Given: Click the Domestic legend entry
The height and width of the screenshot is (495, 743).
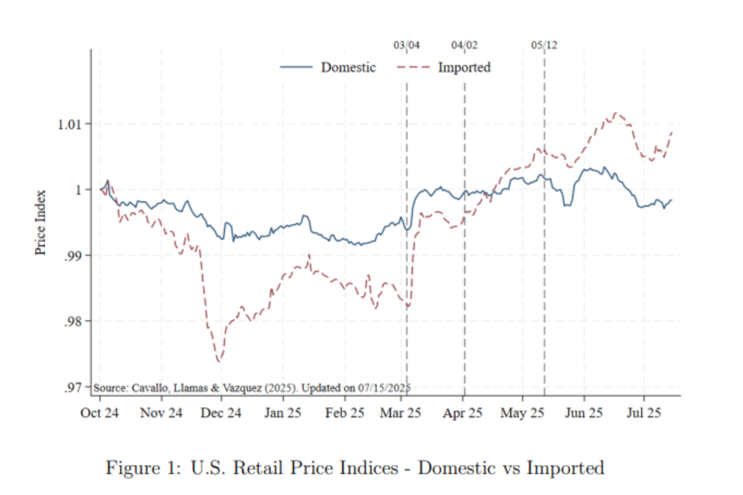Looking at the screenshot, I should (x=348, y=67).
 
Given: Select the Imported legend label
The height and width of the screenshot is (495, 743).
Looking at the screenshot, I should (x=464, y=67).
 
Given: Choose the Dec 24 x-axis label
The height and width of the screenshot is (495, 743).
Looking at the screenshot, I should (x=221, y=413).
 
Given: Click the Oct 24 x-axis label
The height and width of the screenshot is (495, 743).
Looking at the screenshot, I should (x=99, y=413).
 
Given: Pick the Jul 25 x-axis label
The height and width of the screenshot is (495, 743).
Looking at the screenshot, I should (x=643, y=413).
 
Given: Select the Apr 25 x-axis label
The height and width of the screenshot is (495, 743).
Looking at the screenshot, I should (x=462, y=413).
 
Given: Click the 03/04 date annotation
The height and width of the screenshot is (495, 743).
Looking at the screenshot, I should (x=406, y=45).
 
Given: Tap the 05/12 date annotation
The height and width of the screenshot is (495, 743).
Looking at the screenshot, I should (x=544, y=45).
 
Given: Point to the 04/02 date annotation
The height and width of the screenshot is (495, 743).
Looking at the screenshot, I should (x=464, y=45).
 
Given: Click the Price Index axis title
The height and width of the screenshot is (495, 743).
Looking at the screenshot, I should (x=40, y=222).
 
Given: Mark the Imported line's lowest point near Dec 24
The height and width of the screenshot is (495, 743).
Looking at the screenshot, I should (x=219, y=361).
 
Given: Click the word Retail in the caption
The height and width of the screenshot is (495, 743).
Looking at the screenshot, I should (x=258, y=468).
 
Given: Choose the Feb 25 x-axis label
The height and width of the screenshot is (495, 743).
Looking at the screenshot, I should (x=344, y=413).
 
